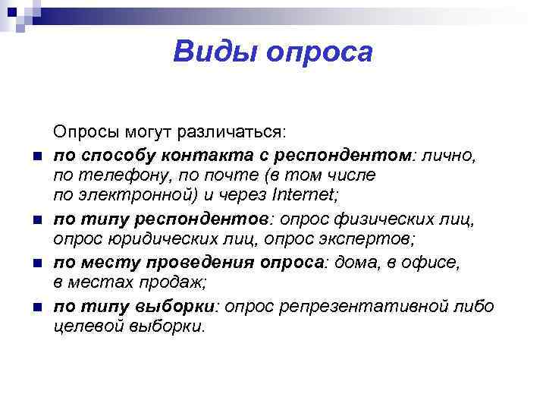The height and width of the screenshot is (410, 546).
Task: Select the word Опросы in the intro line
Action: (x=85, y=133)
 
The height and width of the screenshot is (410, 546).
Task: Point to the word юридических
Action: (x=142, y=240)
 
